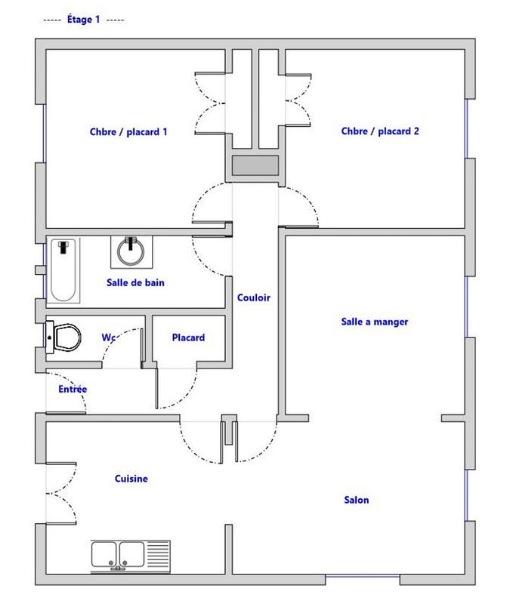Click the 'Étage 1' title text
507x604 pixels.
(x=84, y=20)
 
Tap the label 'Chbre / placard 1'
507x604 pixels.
(x=128, y=131)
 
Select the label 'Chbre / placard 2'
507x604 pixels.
(x=380, y=131)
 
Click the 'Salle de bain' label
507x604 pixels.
(x=135, y=283)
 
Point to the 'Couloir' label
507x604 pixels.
(x=253, y=297)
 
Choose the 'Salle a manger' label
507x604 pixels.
(x=375, y=322)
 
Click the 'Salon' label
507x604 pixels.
(x=357, y=500)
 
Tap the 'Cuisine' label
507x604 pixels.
(x=131, y=479)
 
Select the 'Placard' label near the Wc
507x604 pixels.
(x=188, y=337)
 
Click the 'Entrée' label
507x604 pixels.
(x=73, y=389)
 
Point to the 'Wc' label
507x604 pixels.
(x=108, y=337)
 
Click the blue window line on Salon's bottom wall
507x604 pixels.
(x=362, y=578)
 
